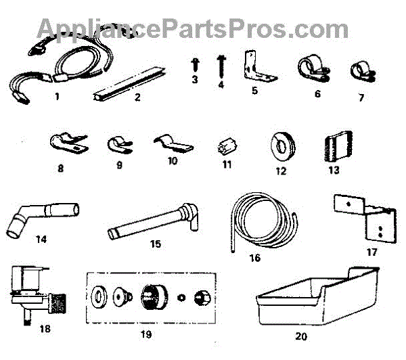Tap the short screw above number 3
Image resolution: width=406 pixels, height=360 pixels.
(194, 65)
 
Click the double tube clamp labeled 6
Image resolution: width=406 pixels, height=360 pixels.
(312, 69)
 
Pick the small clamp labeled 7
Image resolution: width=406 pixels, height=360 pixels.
(359, 72)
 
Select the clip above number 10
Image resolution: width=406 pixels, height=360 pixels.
(172, 143)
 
